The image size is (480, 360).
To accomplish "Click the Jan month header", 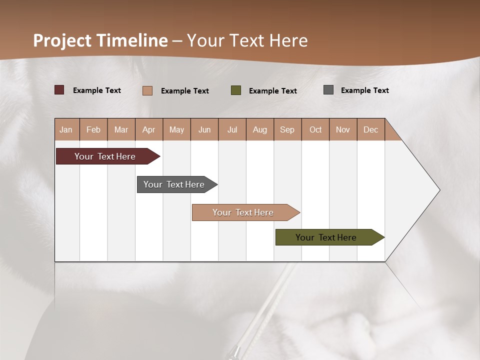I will [66, 129].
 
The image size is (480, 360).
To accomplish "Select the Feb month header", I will [93, 129].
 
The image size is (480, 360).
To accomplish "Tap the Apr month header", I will [148, 129].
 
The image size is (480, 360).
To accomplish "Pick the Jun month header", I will [204, 129].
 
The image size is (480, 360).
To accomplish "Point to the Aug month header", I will [259, 129].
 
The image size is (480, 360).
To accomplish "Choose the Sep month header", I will [287, 129].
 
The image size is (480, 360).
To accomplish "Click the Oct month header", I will [315, 129].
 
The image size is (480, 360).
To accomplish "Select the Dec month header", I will [370, 129].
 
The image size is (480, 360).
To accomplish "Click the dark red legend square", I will [59, 90].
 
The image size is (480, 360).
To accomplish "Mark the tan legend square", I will [147, 90].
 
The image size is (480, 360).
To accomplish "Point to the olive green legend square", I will [236, 90].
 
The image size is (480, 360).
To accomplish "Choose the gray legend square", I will [328, 90].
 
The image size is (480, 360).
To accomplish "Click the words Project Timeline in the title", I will [100, 40].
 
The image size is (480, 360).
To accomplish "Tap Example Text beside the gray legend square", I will [364, 90].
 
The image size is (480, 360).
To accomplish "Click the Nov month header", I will [343, 129].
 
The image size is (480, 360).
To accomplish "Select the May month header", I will [176, 129].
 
